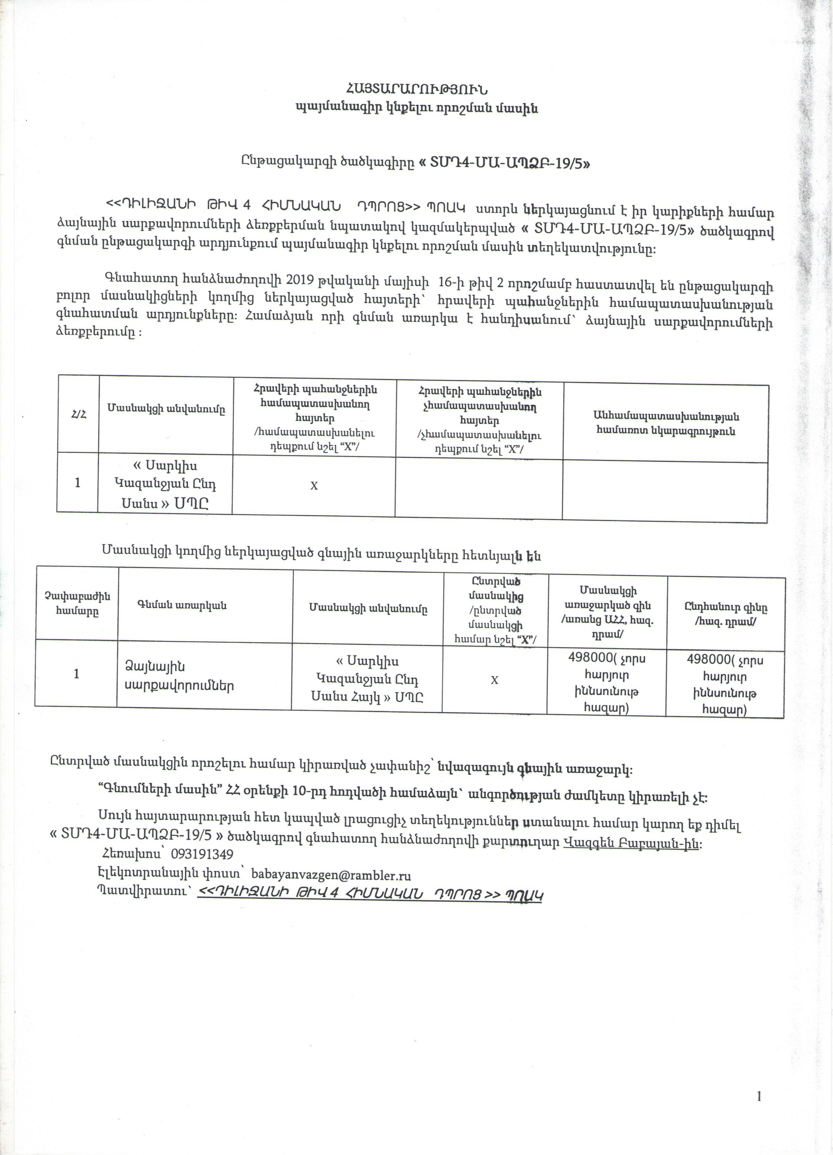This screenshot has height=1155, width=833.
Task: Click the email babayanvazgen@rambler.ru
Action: (x=331, y=875)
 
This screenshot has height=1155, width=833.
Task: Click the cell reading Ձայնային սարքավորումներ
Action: (x=179, y=676)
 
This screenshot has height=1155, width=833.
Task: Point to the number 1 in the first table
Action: (x=77, y=482)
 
